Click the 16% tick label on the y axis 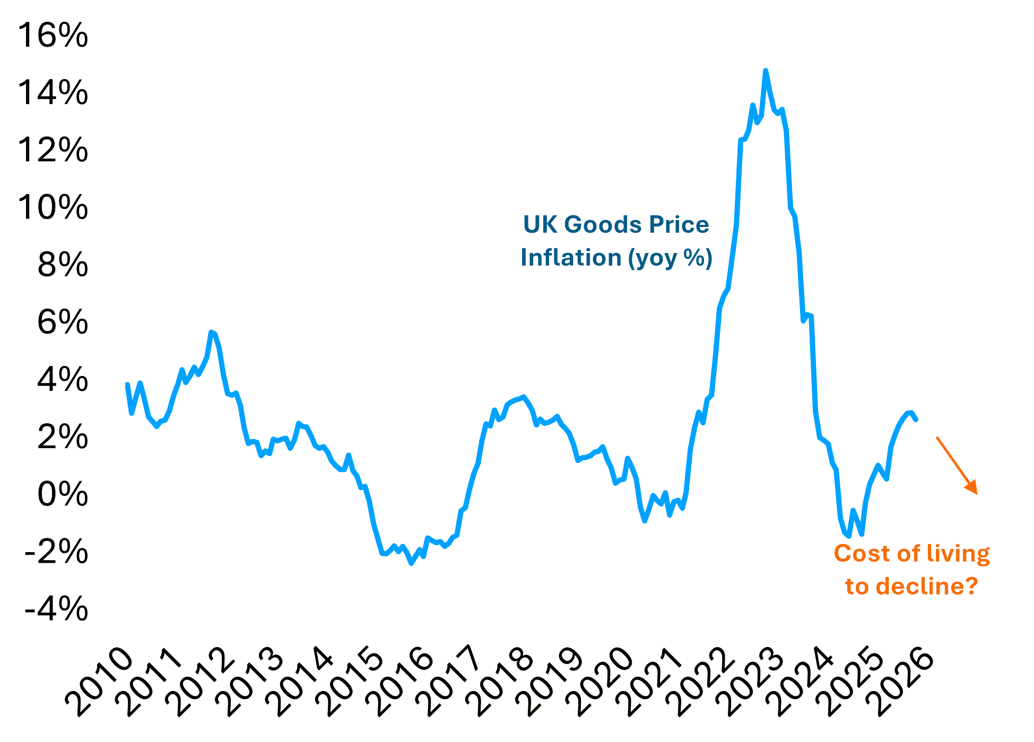click(x=53, y=36)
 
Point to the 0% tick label click(x=62, y=494)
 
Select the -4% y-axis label click(x=56, y=609)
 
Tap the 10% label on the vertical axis click(x=53, y=207)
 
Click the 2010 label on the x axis click(x=100, y=684)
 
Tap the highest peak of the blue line click(x=765, y=71)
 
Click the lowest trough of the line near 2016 click(x=412, y=563)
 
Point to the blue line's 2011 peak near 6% click(x=211, y=332)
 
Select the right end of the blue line click(x=916, y=420)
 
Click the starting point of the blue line click(x=127, y=384)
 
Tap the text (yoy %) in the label click(x=670, y=258)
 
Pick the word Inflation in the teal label click(x=571, y=258)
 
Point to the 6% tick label click(x=62, y=322)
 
